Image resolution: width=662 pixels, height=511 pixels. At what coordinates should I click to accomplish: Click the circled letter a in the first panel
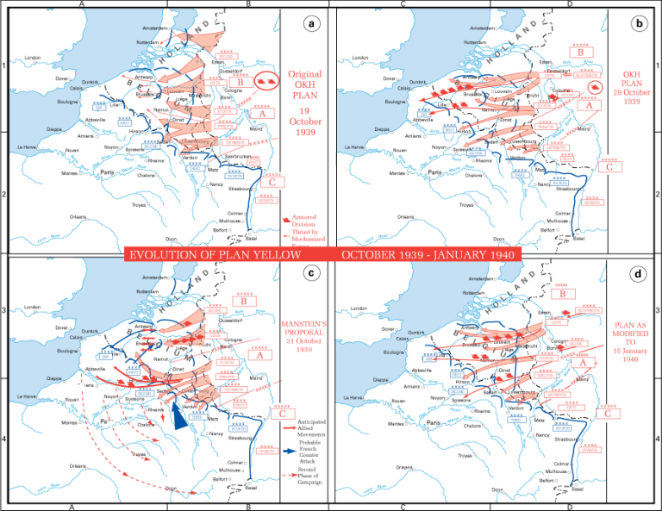tap(311, 24)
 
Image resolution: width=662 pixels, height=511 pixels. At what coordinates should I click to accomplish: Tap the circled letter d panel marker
tap(639, 274)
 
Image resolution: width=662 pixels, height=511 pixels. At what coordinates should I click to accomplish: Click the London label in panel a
tap(33, 58)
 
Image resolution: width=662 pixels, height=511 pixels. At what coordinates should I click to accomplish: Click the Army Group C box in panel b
tap(609, 166)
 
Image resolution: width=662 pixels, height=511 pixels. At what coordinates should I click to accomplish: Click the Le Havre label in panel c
tap(28, 397)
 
